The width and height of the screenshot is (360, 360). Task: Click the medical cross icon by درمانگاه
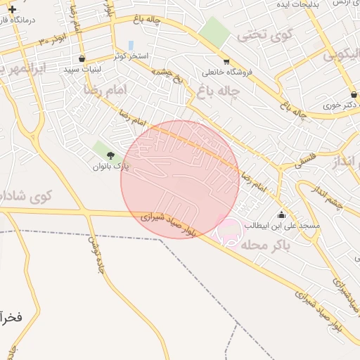point(11,9)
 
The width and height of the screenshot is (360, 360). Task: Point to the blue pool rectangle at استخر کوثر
point(131,46)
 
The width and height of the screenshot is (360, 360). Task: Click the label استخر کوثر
point(131,56)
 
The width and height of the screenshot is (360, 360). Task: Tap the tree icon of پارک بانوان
point(110,155)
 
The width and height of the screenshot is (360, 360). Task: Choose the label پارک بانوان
point(110,167)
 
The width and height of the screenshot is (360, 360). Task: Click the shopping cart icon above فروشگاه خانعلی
point(226,61)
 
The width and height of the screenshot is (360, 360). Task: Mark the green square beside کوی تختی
point(214,31)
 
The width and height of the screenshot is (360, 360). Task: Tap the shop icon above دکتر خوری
point(353,94)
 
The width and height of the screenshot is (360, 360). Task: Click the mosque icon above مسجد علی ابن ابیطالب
point(281,214)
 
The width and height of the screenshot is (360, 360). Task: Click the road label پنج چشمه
point(169,78)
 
